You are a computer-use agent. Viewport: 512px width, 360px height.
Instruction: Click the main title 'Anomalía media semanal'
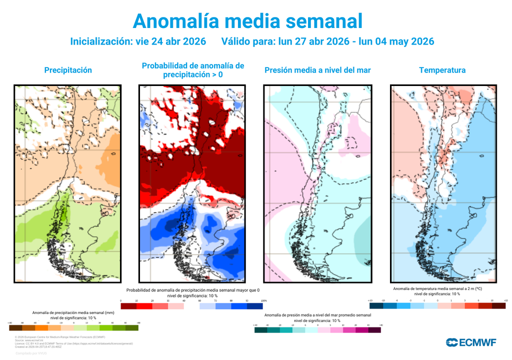[x=247, y=20]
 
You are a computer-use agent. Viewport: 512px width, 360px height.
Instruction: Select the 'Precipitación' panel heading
[x=68, y=70]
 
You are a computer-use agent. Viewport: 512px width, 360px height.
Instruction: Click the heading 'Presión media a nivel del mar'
[x=317, y=70]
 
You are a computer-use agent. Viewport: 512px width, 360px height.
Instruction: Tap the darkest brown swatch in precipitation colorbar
[x=15, y=328]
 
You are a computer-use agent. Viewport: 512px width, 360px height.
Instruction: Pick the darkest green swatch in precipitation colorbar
[x=132, y=328]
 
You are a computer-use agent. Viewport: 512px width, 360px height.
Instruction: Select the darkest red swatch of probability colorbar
[x=129, y=306]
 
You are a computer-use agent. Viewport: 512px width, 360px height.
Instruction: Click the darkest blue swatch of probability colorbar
[x=255, y=306]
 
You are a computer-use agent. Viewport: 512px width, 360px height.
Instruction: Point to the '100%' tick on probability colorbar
[x=263, y=301]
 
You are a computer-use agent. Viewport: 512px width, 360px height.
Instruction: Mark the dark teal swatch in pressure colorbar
[x=260, y=330]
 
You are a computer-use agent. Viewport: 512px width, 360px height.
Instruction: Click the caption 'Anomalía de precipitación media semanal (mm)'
[x=73, y=312]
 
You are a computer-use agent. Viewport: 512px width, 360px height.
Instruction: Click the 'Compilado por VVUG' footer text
[x=31, y=353]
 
